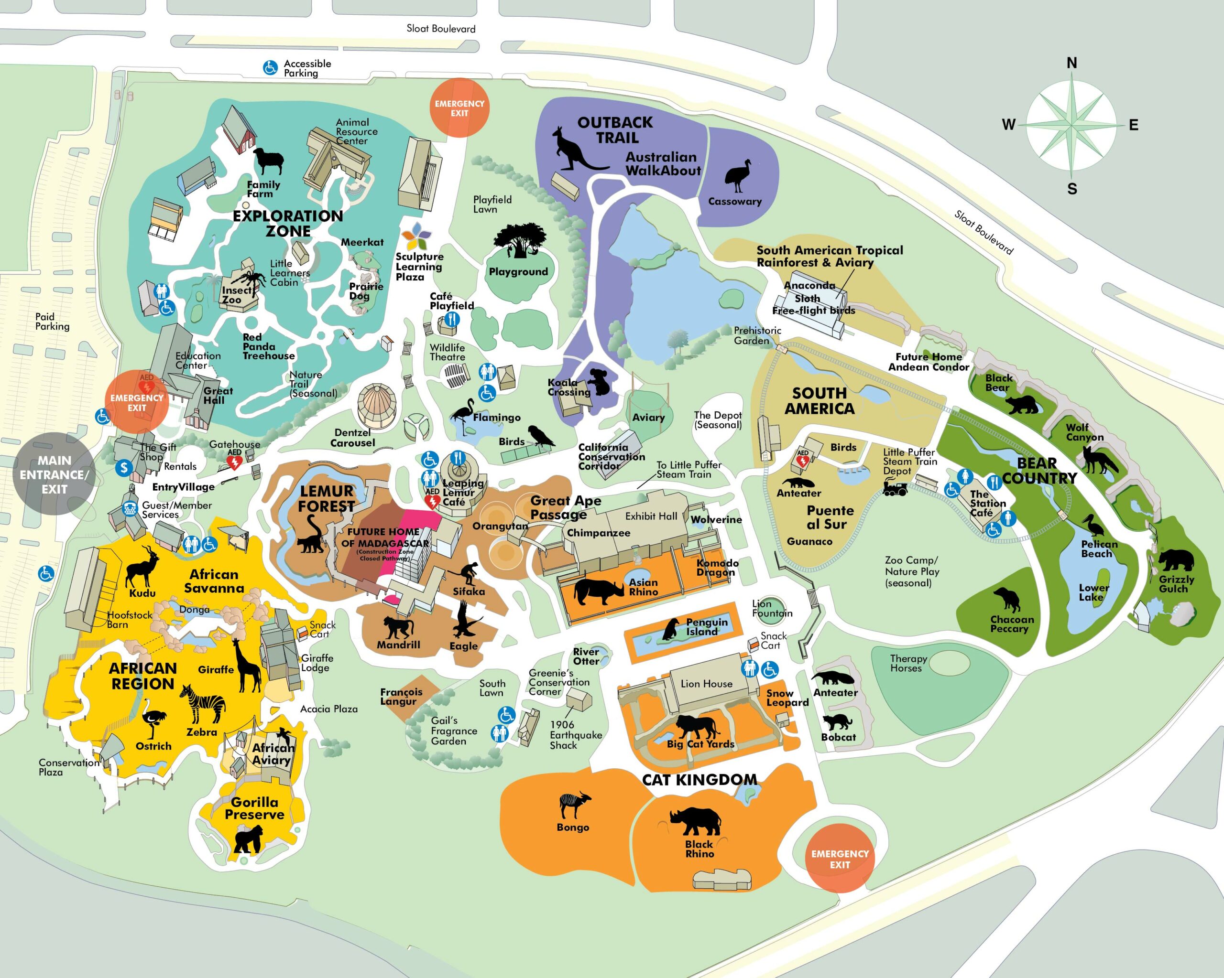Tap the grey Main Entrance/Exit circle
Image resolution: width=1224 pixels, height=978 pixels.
click(54, 474)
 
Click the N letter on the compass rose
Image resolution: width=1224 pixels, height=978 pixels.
click(1071, 63)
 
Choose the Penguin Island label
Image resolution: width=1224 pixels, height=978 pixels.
click(706, 627)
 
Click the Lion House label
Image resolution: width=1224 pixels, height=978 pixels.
click(706, 684)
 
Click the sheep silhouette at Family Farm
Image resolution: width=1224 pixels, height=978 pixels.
click(268, 161)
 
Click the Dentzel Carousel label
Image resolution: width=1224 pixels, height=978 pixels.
click(352, 437)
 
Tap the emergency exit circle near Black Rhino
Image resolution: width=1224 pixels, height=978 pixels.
click(840, 859)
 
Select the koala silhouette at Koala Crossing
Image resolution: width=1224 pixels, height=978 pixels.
click(599, 382)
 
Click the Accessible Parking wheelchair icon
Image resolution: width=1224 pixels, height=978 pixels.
click(270, 68)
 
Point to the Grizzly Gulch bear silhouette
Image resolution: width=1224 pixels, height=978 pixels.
click(1176, 560)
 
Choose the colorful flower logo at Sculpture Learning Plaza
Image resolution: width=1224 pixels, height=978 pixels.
click(415, 236)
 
